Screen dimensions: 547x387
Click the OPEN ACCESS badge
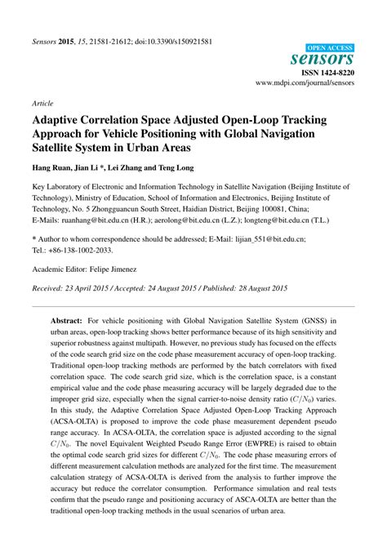[x=329, y=48]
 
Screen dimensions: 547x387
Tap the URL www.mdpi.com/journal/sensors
[x=306, y=83]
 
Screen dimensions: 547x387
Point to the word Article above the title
[x=43, y=105]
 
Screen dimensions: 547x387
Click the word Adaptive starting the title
[x=58, y=121]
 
